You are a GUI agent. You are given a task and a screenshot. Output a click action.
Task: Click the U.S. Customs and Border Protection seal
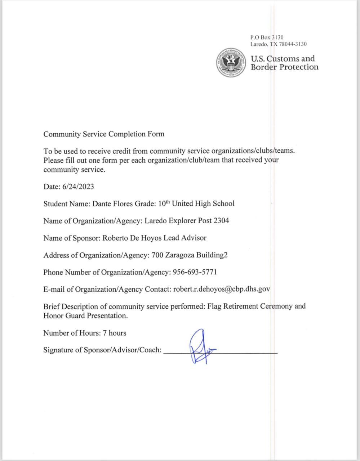231,62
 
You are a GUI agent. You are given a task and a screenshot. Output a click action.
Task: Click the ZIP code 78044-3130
293,44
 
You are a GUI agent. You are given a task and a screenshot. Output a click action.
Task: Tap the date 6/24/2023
78,186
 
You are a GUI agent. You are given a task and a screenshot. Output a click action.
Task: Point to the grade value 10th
164,203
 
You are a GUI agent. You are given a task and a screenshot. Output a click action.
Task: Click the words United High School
203,203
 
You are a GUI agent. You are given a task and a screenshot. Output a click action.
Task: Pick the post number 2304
221,220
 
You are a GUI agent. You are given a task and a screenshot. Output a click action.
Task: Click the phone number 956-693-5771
195,272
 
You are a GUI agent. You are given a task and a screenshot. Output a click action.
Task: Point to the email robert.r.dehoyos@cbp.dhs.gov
222,289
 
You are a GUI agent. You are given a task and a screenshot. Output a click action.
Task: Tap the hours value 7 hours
115,333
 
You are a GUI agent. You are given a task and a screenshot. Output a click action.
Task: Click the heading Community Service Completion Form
104,134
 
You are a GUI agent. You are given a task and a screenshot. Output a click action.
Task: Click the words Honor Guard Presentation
85,316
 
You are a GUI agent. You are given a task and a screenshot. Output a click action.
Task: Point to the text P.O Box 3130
267,37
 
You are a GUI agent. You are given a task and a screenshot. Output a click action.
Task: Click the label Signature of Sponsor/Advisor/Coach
102,350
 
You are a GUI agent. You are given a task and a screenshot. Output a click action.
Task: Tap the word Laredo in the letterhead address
259,44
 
